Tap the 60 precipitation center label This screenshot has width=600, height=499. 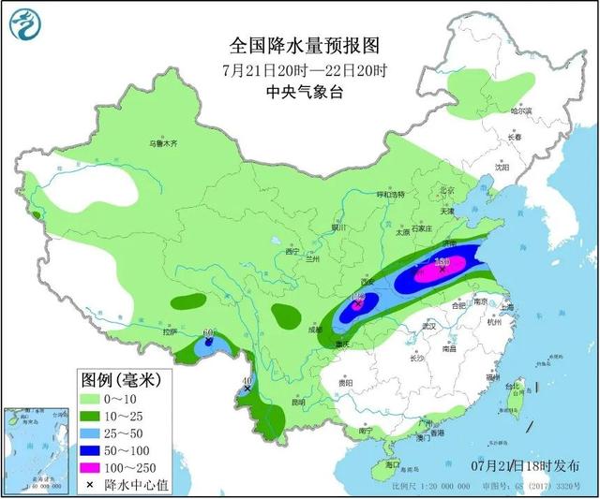(x=208, y=332)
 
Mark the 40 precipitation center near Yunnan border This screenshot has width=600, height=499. (x=247, y=380)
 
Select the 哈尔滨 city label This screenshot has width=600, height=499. (x=520, y=111)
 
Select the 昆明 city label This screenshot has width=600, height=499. (x=298, y=403)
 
